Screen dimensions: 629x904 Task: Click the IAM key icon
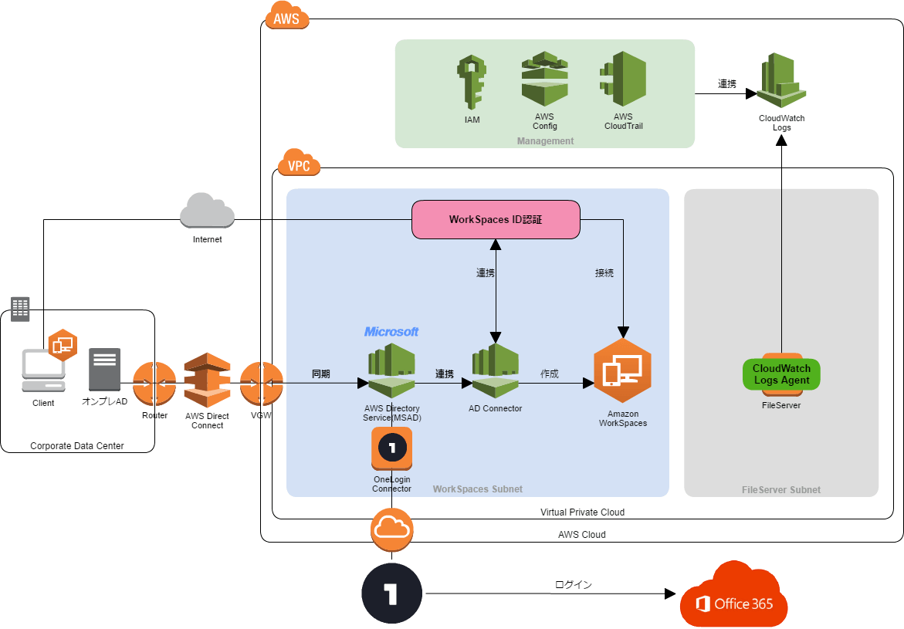(472, 81)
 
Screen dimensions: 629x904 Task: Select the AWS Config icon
(544, 79)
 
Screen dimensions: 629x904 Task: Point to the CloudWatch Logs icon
(781, 80)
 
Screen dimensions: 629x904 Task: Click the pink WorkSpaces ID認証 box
(496, 220)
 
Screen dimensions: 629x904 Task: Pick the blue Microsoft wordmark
(391, 332)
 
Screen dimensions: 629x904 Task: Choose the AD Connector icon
(495, 370)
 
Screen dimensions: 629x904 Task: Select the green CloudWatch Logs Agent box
(781, 374)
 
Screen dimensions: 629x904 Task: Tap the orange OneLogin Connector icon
(391, 448)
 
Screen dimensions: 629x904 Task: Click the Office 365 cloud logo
(733, 597)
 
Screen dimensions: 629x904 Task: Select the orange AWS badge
(286, 17)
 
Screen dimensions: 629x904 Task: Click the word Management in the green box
(545, 141)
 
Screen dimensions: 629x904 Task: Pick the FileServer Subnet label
(780, 490)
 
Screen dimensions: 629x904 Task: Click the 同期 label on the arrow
(321, 374)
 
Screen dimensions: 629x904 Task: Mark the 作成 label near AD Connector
(550, 374)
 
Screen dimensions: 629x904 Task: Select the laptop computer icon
(42, 370)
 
